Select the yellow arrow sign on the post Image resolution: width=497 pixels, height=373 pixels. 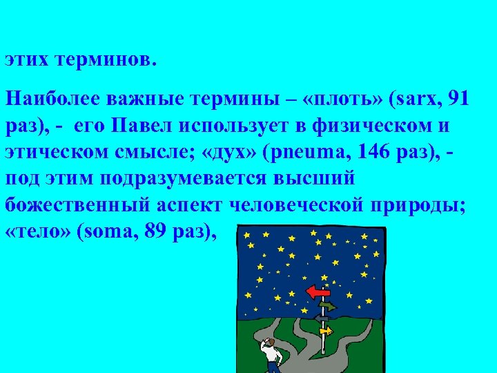pyautogui.click(x=326, y=331)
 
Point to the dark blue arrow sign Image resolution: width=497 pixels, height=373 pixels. pyautogui.click(x=321, y=318)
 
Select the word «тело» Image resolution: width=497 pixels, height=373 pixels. pyautogui.click(x=36, y=233)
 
